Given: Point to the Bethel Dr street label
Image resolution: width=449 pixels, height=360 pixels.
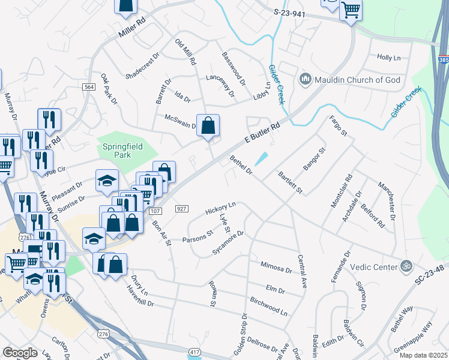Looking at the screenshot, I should (242, 166).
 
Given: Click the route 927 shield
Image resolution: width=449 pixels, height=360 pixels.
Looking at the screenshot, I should (182, 209).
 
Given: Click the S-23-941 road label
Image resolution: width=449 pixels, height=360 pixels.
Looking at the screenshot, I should (294, 12).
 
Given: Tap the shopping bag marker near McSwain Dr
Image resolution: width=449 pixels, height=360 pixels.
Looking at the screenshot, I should (208, 126).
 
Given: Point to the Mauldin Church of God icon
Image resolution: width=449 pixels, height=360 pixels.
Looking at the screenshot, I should (305, 79).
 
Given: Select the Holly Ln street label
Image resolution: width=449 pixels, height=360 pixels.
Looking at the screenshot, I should (388, 58).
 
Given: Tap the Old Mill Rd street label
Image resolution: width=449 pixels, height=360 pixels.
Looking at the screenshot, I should (185, 52).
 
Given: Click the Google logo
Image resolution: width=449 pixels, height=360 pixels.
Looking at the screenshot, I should (20, 353).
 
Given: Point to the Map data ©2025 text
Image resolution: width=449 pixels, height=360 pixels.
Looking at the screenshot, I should (423, 355).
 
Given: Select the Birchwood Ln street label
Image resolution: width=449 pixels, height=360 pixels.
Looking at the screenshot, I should (268, 305).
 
